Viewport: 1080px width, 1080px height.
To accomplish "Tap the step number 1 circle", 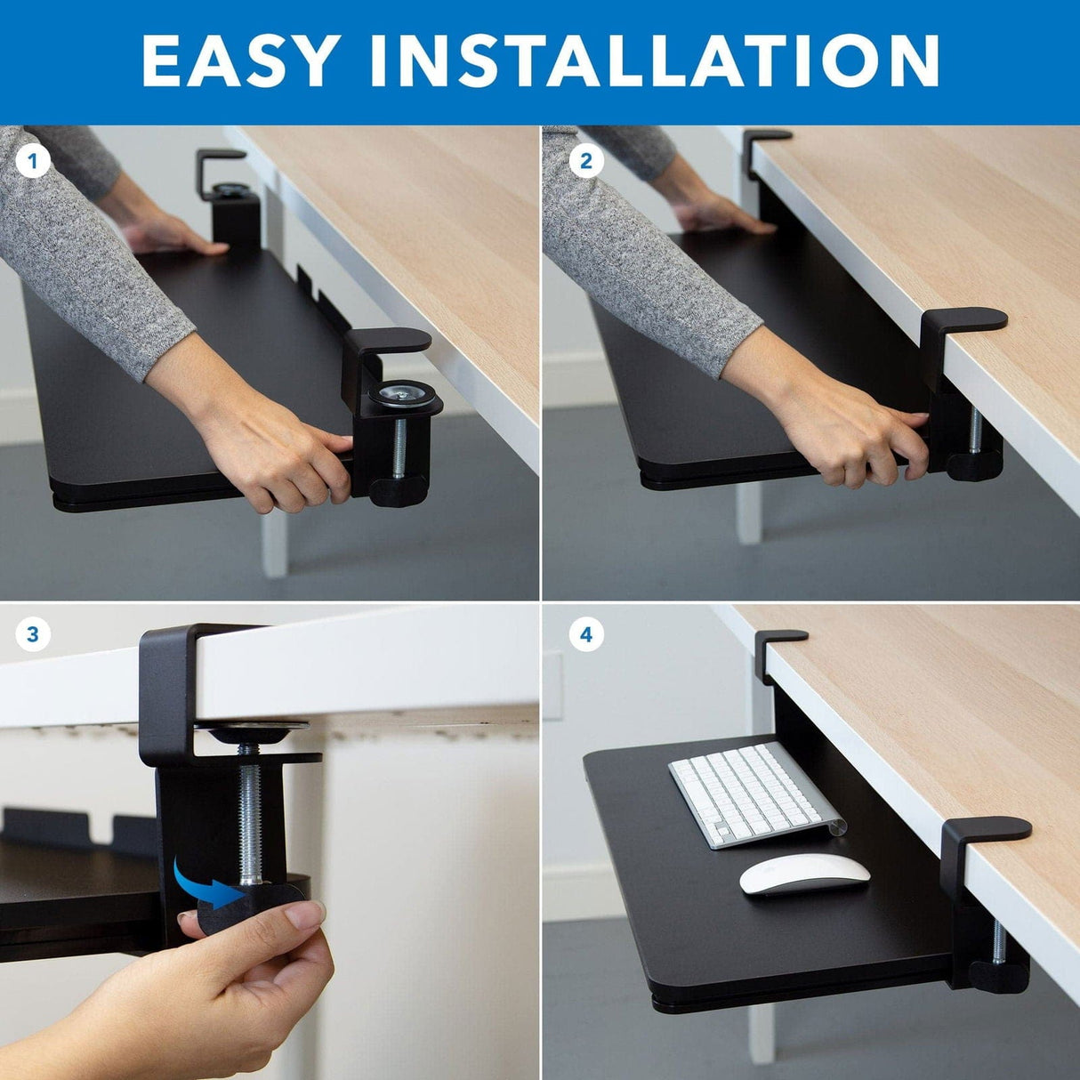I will point(34,162).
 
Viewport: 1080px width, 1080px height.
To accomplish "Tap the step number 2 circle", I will point(585,162).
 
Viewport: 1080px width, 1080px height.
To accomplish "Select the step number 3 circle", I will point(34,634).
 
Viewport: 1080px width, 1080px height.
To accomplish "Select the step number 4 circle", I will point(585,634).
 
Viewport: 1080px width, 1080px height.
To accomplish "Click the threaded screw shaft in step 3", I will point(250,818).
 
